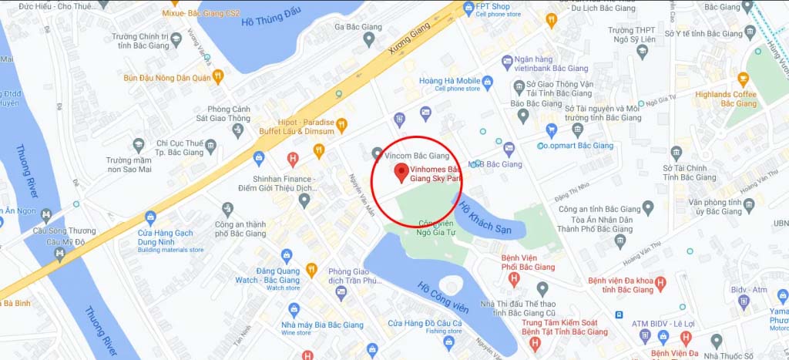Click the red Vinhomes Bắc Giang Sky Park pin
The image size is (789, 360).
pyautogui.click(x=400, y=171)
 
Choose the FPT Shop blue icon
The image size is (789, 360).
pyautogui.click(x=467, y=8)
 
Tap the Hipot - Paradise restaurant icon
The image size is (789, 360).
pyautogui.click(x=342, y=123)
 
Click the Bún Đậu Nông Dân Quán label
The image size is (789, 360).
pyautogui.click(x=169, y=76)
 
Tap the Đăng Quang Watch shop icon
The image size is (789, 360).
pyautogui.click(x=287, y=254)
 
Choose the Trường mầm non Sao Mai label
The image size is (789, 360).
pyautogui.click(x=113, y=165)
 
